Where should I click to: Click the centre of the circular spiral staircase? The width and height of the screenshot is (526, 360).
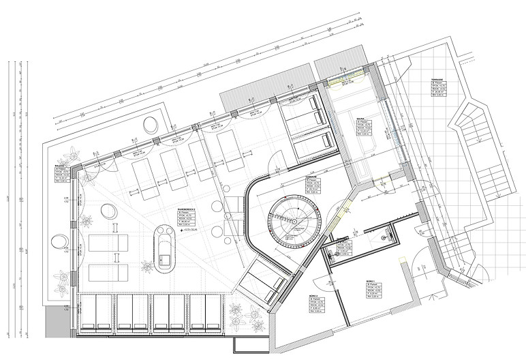[x=294, y=220]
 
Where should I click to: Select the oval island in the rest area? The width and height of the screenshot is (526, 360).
[x=164, y=248]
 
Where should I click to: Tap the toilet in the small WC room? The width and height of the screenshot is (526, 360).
[x=385, y=237]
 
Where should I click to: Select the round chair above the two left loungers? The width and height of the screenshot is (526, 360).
[x=108, y=211]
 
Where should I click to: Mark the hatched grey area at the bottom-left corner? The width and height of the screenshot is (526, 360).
[x=56, y=320]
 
